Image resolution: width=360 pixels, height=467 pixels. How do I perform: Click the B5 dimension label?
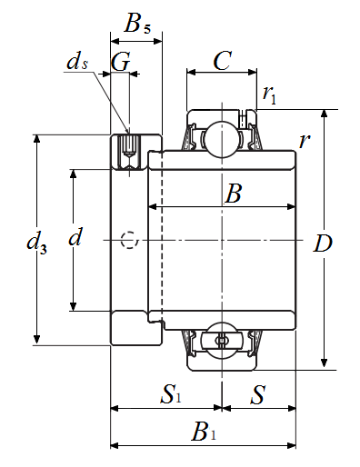[x=137, y=23]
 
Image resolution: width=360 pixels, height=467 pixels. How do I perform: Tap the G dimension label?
[x=121, y=62]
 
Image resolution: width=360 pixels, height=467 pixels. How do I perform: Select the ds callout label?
[x=77, y=62]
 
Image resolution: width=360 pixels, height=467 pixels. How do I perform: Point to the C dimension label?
[x=223, y=61]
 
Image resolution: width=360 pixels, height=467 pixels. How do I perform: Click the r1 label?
[x=269, y=94]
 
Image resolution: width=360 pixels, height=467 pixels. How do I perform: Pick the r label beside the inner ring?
[x=305, y=141]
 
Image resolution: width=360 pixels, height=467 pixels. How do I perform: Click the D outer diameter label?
[x=323, y=243]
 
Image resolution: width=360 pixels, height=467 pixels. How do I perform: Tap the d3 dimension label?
[x=36, y=243]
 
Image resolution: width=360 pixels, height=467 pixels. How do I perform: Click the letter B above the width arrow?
[x=233, y=194]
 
